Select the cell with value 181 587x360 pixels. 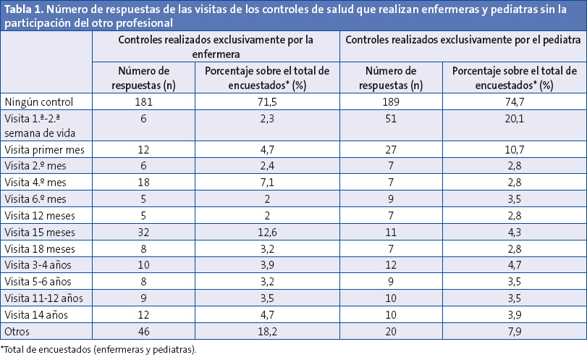point(143,102)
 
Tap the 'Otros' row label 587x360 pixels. point(18,330)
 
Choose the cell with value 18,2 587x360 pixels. point(267,330)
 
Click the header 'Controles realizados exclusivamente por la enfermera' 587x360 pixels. point(216,46)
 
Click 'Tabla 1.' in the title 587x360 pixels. point(25,9)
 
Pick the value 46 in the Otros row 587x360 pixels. point(143,330)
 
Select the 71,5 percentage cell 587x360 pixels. point(267,102)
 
